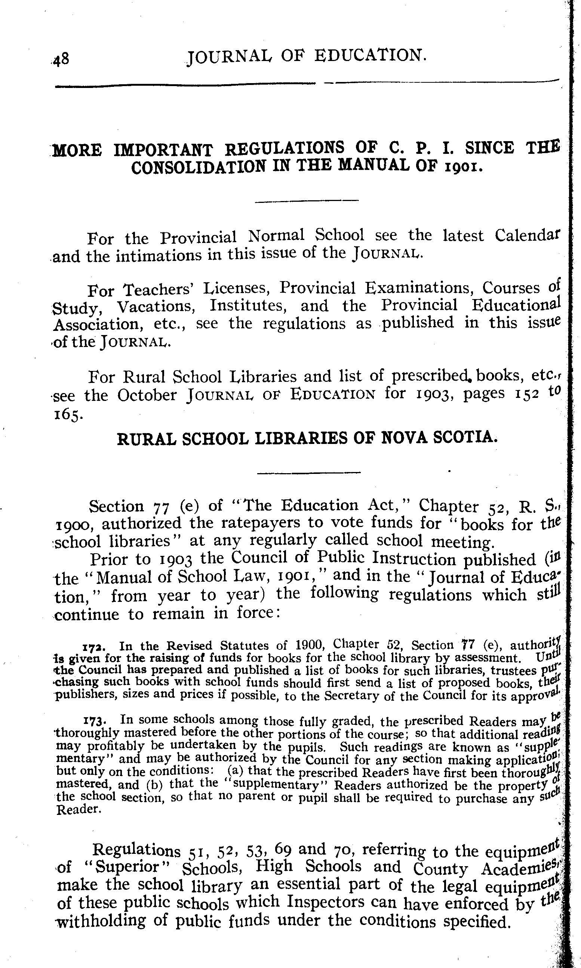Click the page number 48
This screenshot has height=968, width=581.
pyautogui.click(x=62, y=60)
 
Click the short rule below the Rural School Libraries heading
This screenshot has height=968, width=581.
pyautogui.click(x=308, y=472)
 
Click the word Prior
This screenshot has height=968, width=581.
pyautogui.click(x=108, y=559)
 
